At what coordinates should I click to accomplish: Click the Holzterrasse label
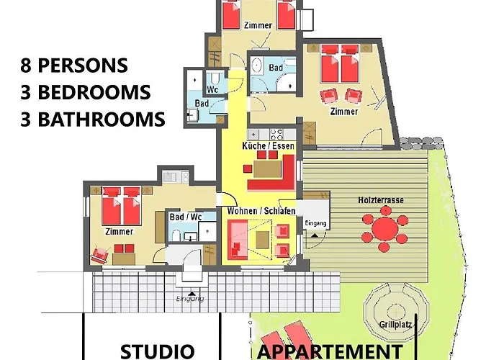[381, 200]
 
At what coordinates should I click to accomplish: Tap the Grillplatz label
[396, 324]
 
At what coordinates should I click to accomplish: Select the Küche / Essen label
[268, 146]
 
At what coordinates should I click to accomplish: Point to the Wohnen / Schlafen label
[261, 211]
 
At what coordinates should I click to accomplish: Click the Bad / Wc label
[186, 217]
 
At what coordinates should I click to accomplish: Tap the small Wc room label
[212, 89]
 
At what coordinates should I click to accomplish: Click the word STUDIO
[157, 351]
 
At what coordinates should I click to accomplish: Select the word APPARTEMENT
[330, 352]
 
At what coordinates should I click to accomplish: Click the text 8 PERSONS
[74, 66]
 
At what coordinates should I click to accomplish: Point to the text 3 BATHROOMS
[93, 119]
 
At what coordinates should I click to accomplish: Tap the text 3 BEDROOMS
[85, 92]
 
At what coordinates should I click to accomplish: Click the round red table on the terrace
[384, 228]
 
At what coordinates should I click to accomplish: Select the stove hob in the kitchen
[276, 134]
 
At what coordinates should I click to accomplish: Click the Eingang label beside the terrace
[315, 223]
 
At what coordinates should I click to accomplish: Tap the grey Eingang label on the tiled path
[190, 299]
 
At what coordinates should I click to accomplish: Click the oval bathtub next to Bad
[256, 66]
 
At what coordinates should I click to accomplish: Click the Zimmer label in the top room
[258, 25]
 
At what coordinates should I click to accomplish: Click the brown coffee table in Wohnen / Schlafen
[262, 240]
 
